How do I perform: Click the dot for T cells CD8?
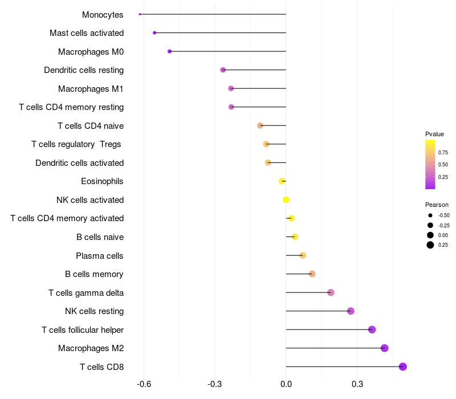coord(403,367)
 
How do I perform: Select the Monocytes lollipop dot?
coord(140,14)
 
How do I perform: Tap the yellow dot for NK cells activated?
coord(286,199)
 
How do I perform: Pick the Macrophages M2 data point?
coord(384,348)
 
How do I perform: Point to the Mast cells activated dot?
coord(154,33)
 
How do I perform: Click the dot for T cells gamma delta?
coord(331,292)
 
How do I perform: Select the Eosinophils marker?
coord(282,181)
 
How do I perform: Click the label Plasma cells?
coord(100,255)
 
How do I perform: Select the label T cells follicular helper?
coord(83,329)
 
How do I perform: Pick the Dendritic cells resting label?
coord(84,70)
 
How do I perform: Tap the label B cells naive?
coord(100,237)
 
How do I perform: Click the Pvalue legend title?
coord(434,134)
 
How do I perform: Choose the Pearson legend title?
coord(437,205)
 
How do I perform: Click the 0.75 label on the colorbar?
coord(443,153)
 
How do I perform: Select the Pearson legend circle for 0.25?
coord(430,245)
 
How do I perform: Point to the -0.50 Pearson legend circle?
coord(430,215)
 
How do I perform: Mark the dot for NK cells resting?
coord(351,311)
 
